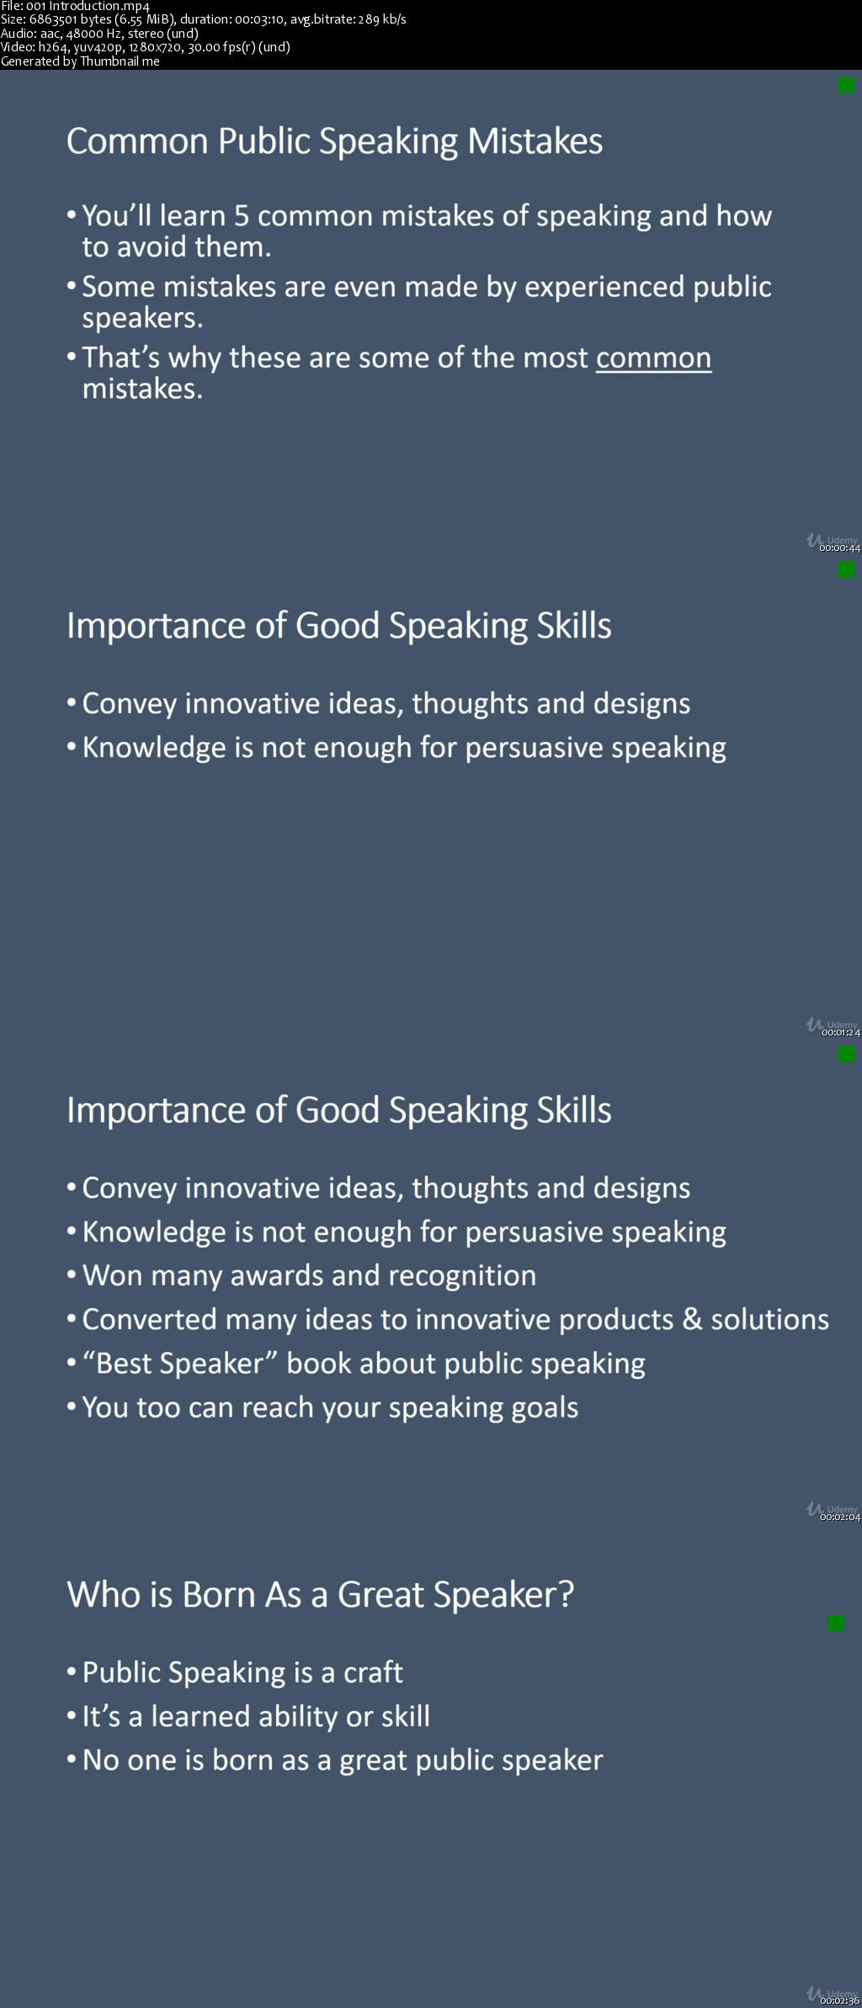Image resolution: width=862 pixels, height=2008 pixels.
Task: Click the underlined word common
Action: [x=653, y=358]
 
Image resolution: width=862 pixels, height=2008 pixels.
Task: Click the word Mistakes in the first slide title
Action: [x=535, y=141]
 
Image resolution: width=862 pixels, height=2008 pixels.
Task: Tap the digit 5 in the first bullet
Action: [x=242, y=216]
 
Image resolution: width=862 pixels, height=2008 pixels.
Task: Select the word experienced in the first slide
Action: [x=604, y=288]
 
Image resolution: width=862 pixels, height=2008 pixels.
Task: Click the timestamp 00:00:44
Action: [x=839, y=548]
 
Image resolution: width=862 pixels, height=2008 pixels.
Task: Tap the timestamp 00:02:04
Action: [x=840, y=1517]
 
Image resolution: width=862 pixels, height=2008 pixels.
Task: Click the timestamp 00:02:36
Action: [x=840, y=2000]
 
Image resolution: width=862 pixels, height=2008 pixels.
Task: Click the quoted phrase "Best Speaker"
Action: [x=181, y=1364]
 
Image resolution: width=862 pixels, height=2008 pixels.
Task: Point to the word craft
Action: [x=373, y=1672]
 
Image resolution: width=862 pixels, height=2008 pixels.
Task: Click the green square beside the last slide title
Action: [x=836, y=1623]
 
